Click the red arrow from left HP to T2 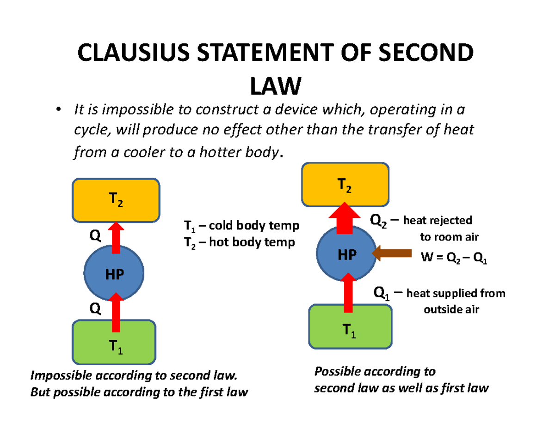pos(116,238)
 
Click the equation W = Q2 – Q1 pos(453,259)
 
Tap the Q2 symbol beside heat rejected pos(380,222)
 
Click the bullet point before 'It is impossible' pos(58,110)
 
